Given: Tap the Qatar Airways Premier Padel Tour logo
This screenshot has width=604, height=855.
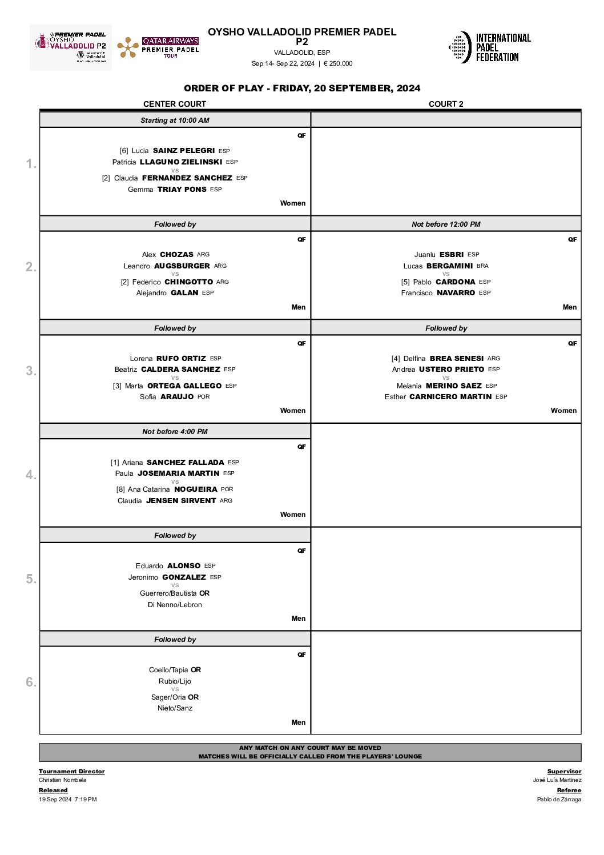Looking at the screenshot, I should pos(158,48).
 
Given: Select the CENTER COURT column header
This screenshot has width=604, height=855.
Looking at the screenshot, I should pos(175,104).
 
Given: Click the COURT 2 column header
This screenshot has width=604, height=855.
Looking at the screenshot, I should pos(446,104).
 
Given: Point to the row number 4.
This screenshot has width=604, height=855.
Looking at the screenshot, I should pos(31,475).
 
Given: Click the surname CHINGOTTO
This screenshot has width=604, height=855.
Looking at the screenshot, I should pos(188,282).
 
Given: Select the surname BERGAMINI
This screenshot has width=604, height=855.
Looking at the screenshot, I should pos(449,266).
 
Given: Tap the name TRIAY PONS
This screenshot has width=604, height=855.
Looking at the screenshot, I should pos(182,190).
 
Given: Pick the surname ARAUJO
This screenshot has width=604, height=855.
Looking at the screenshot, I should pos(177,397).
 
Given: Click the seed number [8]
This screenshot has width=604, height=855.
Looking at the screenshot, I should pos(120,489).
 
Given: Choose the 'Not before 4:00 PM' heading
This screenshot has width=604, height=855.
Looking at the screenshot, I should pos(175,432).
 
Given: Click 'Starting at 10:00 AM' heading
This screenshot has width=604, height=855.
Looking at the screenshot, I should pos(175,121).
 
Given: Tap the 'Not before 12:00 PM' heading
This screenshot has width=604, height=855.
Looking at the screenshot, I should pos(446,224).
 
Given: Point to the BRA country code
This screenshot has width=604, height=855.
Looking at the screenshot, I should pos(482,266).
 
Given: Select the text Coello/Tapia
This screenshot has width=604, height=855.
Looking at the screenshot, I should pos(168,670).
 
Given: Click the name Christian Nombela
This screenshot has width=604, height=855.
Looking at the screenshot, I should pos(63,780).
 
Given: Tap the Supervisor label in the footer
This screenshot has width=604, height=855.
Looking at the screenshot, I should pos(564,772).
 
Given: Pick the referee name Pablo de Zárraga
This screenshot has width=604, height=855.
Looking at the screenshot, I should pos(559,800).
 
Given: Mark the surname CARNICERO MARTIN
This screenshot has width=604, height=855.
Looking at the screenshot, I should pos(450,397).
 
